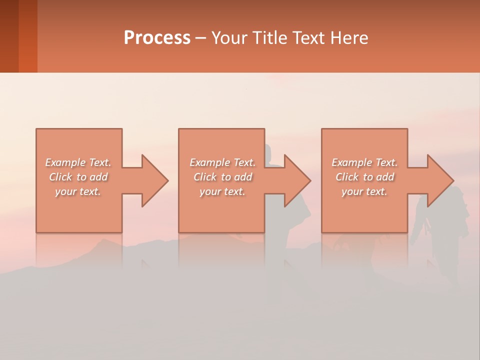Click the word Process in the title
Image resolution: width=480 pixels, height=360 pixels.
point(157,38)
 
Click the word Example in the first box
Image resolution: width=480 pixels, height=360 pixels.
point(65,162)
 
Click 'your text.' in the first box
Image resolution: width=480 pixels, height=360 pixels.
point(78,191)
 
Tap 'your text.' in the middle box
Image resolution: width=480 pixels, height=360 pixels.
point(222,191)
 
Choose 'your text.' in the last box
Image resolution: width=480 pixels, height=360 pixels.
point(364,191)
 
